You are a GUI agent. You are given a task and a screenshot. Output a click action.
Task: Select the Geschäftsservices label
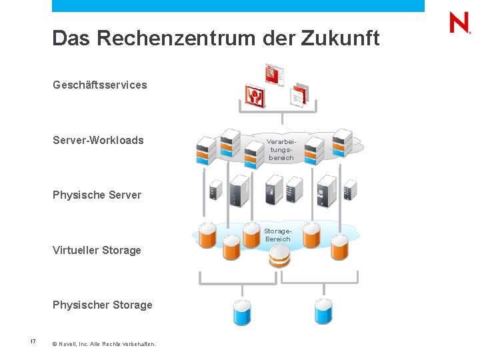tap(100, 85)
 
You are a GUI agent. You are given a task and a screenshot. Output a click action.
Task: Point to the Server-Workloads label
tap(98, 140)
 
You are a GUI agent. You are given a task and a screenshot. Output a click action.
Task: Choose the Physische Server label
tap(97, 195)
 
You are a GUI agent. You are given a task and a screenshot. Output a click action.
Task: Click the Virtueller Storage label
tap(97, 250)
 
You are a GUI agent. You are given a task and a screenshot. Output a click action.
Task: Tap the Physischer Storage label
tap(102, 305)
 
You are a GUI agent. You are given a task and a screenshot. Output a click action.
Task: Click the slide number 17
tap(32, 342)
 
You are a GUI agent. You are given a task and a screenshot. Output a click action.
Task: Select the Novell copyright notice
tap(103, 344)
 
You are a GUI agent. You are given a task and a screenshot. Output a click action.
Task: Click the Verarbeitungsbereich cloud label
tap(281, 149)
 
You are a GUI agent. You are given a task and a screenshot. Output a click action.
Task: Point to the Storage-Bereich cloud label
tap(278, 235)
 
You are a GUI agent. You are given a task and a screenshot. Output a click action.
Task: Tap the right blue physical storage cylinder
tap(323, 311)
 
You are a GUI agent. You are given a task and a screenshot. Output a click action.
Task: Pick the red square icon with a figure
tap(255, 97)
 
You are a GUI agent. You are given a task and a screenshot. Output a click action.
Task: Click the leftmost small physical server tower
tap(215, 191)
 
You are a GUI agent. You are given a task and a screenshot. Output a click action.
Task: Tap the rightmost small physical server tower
tap(349, 191)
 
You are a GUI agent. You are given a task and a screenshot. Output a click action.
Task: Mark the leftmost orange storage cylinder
tap(207, 235)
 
